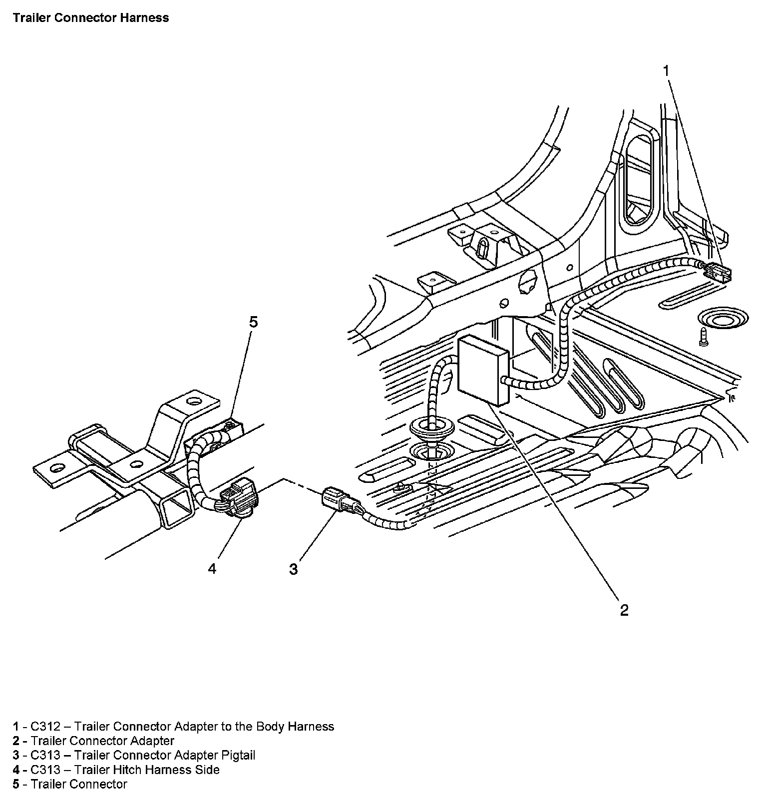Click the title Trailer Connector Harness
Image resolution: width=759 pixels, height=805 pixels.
pos(91,18)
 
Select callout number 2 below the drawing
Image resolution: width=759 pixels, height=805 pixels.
pos(624,610)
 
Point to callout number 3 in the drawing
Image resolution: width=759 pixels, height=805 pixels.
pos(293,569)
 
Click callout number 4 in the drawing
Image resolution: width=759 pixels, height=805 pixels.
pos(212,569)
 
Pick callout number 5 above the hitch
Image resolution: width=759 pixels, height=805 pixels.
pos(254,322)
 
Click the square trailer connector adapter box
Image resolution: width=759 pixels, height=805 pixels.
pos(483,369)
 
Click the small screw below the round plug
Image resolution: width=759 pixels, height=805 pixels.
pos(704,337)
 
